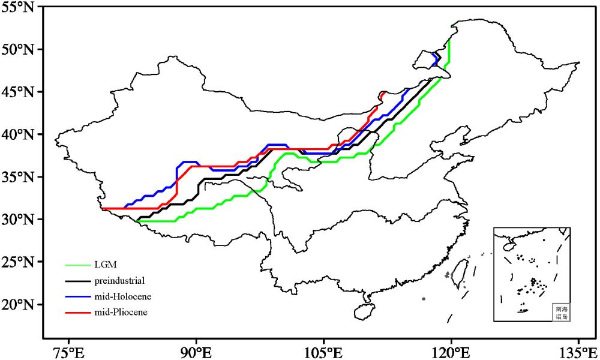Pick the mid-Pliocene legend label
pos(121,312)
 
